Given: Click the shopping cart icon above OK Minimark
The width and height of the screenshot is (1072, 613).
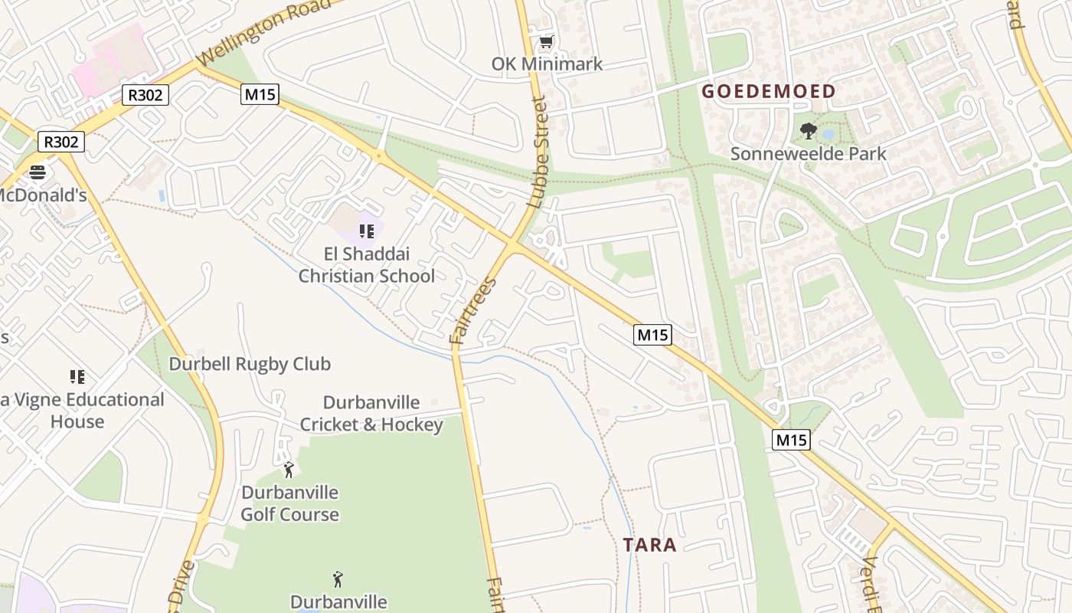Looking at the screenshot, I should pyautogui.click(x=546, y=41).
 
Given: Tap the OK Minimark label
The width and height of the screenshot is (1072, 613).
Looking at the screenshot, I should pyautogui.click(x=547, y=64).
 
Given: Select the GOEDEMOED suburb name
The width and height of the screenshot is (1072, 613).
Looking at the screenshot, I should pyautogui.click(x=769, y=91).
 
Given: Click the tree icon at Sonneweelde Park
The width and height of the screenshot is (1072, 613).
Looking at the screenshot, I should pyautogui.click(x=808, y=131).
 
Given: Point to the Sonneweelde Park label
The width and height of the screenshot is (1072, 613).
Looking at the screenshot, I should pyautogui.click(x=808, y=153).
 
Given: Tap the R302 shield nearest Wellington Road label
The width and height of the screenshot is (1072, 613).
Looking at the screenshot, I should pyautogui.click(x=145, y=95).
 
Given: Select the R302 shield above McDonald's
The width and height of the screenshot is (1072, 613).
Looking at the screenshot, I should pyautogui.click(x=61, y=142).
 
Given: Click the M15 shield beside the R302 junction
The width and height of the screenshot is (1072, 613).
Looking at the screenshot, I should pyautogui.click(x=260, y=95).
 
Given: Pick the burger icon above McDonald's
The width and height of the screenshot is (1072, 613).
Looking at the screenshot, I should pyautogui.click(x=37, y=172).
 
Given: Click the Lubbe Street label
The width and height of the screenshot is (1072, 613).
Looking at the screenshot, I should pyautogui.click(x=539, y=152).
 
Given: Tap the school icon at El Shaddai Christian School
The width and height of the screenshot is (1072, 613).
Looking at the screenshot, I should pyautogui.click(x=367, y=231).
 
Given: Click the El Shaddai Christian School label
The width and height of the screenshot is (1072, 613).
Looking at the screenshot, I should pyautogui.click(x=366, y=265).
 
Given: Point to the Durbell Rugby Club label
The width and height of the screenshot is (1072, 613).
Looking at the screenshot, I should pyautogui.click(x=250, y=364).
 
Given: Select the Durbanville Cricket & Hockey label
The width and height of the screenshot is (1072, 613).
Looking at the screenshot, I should pyautogui.click(x=371, y=414).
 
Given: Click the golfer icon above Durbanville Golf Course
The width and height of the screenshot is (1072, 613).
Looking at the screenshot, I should pyautogui.click(x=289, y=470).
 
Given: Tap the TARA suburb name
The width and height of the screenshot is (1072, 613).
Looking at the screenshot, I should pyautogui.click(x=649, y=545).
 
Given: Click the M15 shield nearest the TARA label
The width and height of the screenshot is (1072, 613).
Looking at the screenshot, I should pyautogui.click(x=791, y=440).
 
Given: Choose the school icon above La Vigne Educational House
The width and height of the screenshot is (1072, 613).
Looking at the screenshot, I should pyautogui.click(x=77, y=376).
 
